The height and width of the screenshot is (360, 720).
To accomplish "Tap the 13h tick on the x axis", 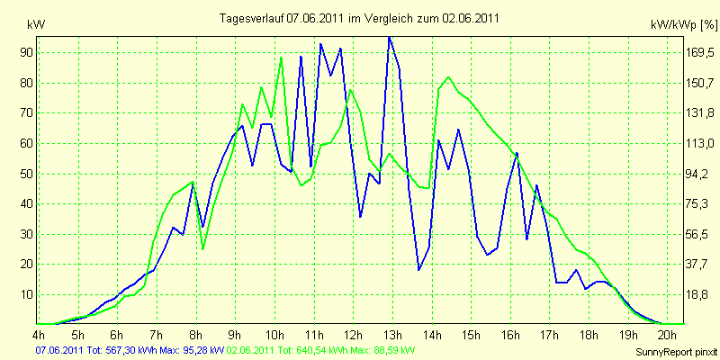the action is tap(392, 333).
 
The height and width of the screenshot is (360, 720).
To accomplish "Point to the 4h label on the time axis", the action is tap(39, 333).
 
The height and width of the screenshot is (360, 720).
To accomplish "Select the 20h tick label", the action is tap(667, 333).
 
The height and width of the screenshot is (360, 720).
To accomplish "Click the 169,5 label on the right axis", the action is tap(697, 53).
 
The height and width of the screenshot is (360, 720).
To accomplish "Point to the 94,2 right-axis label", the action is tap(694, 174).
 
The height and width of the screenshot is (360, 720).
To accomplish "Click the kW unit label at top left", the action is tap(36, 25).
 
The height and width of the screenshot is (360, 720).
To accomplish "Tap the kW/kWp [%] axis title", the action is tap(684, 25).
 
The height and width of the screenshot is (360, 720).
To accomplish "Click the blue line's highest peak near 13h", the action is tap(390, 37).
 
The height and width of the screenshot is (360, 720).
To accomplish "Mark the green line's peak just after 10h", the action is tap(281, 58).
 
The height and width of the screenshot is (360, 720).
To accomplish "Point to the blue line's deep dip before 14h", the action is tap(418, 269).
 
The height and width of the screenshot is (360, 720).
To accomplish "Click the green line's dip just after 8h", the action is tap(203, 249).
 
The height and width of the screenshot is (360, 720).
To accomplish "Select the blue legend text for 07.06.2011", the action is tap(130, 350).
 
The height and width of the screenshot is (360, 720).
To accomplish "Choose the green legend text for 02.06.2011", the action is tap(318, 350).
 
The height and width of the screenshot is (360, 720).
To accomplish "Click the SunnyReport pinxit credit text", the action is tap(676, 352).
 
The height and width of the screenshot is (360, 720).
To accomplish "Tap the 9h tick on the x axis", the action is tap(236, 333).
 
